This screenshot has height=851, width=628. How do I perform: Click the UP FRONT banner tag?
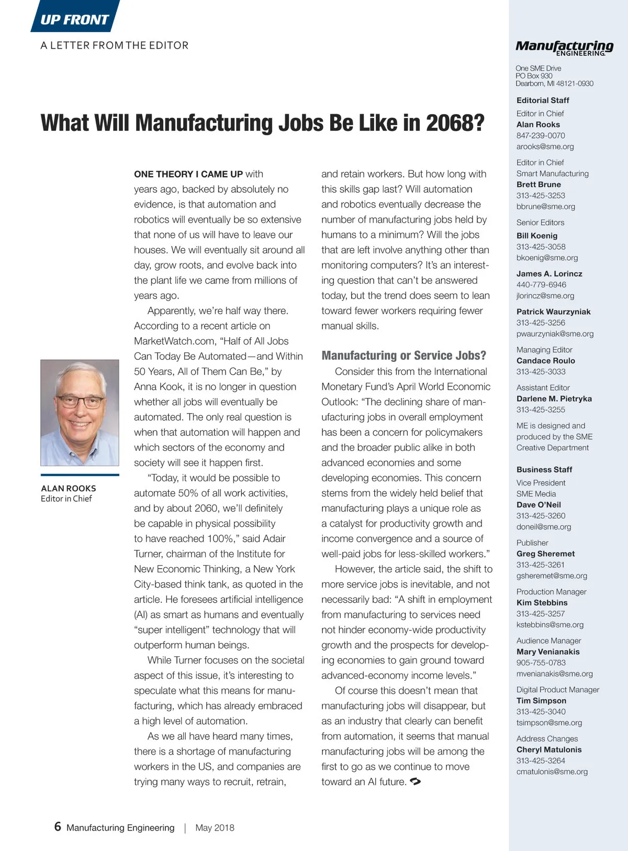click(74, 19)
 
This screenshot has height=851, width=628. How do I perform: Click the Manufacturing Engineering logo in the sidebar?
click(564, 48)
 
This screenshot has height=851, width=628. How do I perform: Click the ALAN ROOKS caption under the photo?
click(68, 488)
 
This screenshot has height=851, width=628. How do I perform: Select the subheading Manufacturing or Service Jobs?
click(403, 356)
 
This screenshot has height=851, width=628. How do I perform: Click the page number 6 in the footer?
click(58, 826)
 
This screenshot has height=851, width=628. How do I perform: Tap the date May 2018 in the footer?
click(215, 827)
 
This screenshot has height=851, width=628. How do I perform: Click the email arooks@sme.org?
click(545, 147)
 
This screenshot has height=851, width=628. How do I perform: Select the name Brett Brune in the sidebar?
click(539, 184)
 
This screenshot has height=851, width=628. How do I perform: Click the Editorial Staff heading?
click(543, 100)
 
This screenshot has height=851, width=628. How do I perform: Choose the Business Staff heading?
click(544, 469)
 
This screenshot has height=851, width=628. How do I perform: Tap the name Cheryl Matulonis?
click(549, 749)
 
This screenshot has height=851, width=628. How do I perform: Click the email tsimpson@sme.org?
click(549, 722)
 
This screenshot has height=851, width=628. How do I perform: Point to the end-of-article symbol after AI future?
click(415, 781)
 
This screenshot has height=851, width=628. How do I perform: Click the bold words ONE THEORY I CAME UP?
click(188, 174)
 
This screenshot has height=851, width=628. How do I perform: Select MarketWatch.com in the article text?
click(175, 341)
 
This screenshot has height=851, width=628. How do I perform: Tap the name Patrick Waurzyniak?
click(553, 312)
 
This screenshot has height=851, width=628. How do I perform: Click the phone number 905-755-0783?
click(541, 662)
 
